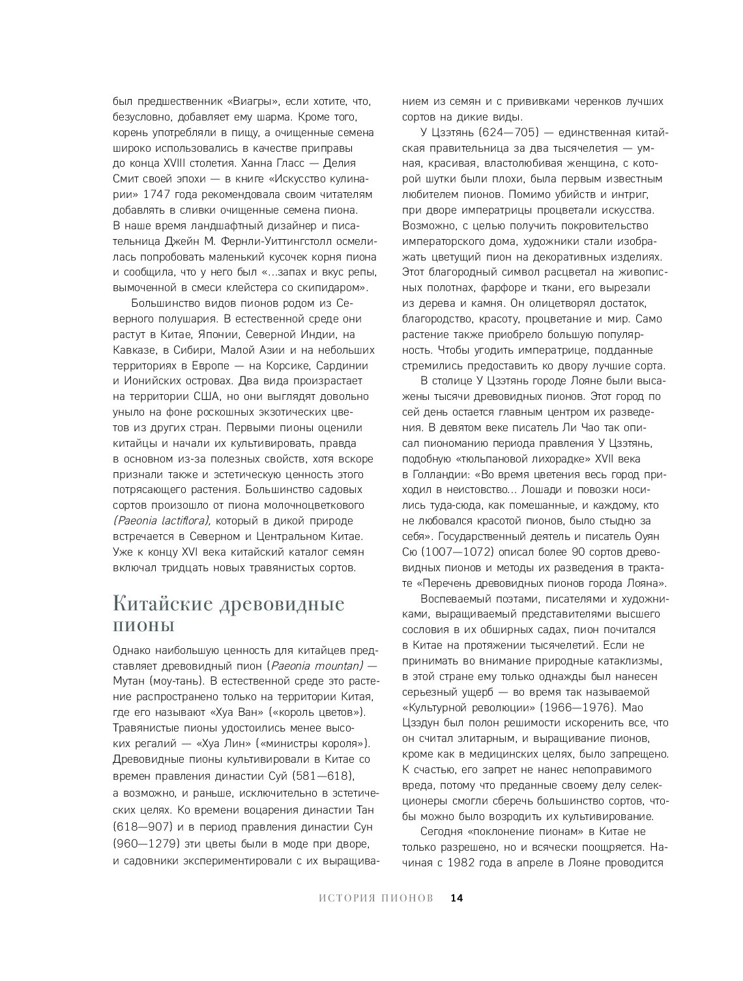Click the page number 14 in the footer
[456, 898]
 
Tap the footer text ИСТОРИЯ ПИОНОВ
[376, 898]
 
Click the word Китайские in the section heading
[164, 604]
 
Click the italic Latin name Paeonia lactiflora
[162, 520]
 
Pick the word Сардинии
[342, 365]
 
